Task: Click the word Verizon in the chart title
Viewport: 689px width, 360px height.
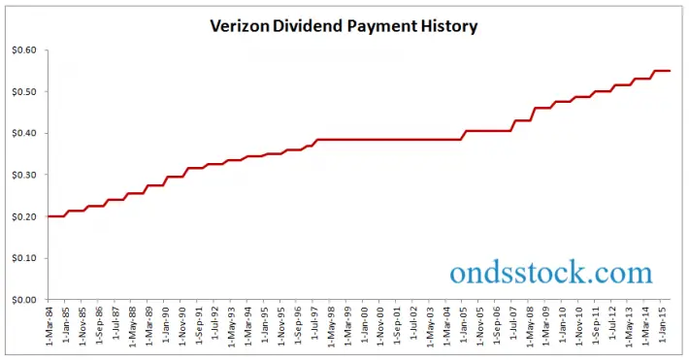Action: coord(240,26)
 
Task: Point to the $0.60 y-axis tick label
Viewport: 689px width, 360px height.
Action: coord(24,50)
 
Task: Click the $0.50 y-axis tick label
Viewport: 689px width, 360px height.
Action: coord(24,92)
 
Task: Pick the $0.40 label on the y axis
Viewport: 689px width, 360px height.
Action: coord(24,133)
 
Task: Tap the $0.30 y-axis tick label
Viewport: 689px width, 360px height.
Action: coord(24,175)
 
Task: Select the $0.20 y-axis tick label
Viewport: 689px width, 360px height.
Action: coord(24,216)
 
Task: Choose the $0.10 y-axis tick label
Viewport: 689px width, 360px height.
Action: coord(24,258)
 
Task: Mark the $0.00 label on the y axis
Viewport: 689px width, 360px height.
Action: coord(24,300)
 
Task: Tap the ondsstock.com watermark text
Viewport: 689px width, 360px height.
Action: coord(551,272)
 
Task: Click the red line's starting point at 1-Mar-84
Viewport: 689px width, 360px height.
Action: coord(48,216)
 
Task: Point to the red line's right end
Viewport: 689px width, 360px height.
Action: coord(671,71)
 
